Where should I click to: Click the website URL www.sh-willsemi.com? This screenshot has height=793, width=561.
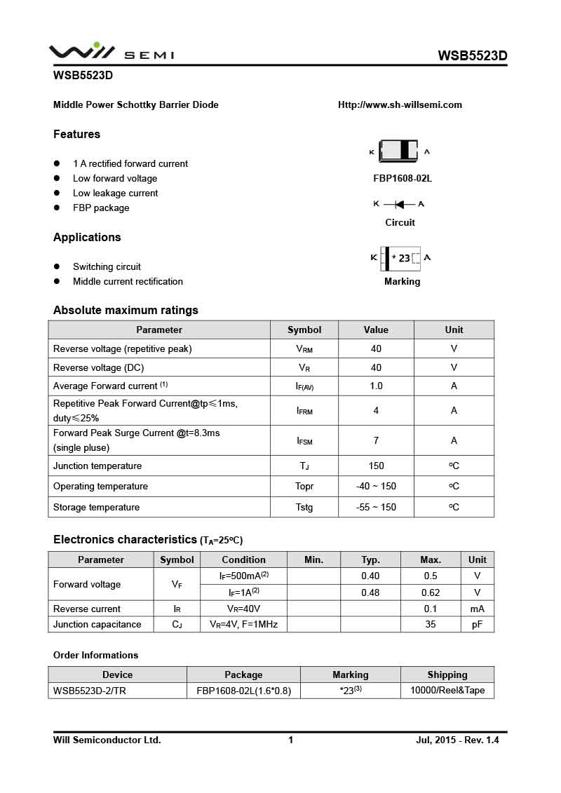point(400,105)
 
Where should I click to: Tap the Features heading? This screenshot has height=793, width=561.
point(76,134)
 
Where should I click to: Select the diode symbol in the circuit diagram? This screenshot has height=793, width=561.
point(399,204)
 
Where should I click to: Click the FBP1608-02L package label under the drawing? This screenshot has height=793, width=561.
point(403,178)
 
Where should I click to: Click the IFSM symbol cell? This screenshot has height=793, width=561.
point(304,440)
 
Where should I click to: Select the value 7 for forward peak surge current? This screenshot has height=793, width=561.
point(376,440)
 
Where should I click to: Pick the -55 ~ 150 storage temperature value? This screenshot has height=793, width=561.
point(376,507)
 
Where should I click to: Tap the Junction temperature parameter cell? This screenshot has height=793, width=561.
point(97,466)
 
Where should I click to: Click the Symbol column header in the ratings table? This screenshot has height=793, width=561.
point(304,330)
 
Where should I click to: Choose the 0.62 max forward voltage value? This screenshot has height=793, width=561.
point(431,592)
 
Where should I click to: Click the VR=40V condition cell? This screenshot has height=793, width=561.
point(243,609)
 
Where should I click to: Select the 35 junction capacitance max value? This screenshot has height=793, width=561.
point(431,624)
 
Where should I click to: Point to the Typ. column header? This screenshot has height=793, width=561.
point(370,560)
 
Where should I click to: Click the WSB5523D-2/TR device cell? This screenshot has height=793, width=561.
point(90,691)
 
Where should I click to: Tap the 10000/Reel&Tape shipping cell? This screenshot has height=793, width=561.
point(447,691)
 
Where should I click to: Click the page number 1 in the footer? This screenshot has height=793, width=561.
point(290,740)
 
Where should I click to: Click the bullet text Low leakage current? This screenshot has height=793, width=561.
point(115,193)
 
